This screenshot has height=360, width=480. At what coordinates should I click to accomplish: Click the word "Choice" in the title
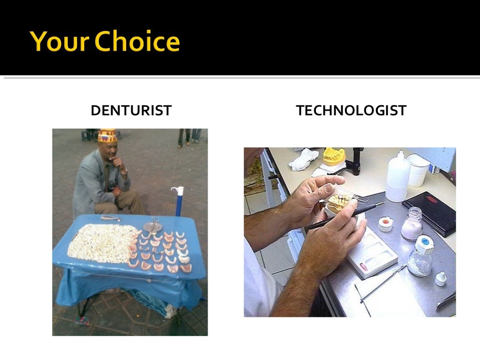137,41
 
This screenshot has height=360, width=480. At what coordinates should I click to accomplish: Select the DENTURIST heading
131,111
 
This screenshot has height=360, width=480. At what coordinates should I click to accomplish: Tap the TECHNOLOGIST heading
351,111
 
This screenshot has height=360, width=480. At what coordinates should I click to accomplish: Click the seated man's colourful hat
107,135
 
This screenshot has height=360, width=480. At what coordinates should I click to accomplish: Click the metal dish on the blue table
152,227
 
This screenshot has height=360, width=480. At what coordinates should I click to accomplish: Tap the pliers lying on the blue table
110,218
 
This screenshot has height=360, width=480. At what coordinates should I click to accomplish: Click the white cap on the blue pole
178,191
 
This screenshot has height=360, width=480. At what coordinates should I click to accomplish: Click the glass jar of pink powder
412,225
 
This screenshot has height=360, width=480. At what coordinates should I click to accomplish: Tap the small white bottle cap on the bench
441,279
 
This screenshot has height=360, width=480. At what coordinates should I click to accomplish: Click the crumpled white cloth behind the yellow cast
304,159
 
